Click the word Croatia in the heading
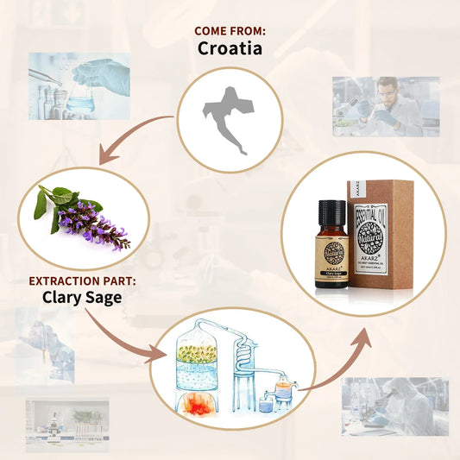tap(230, 48)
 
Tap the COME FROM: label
tap(230, 31)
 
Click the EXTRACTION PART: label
tap(83, 280)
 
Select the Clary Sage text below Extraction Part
tap(83, 298)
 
